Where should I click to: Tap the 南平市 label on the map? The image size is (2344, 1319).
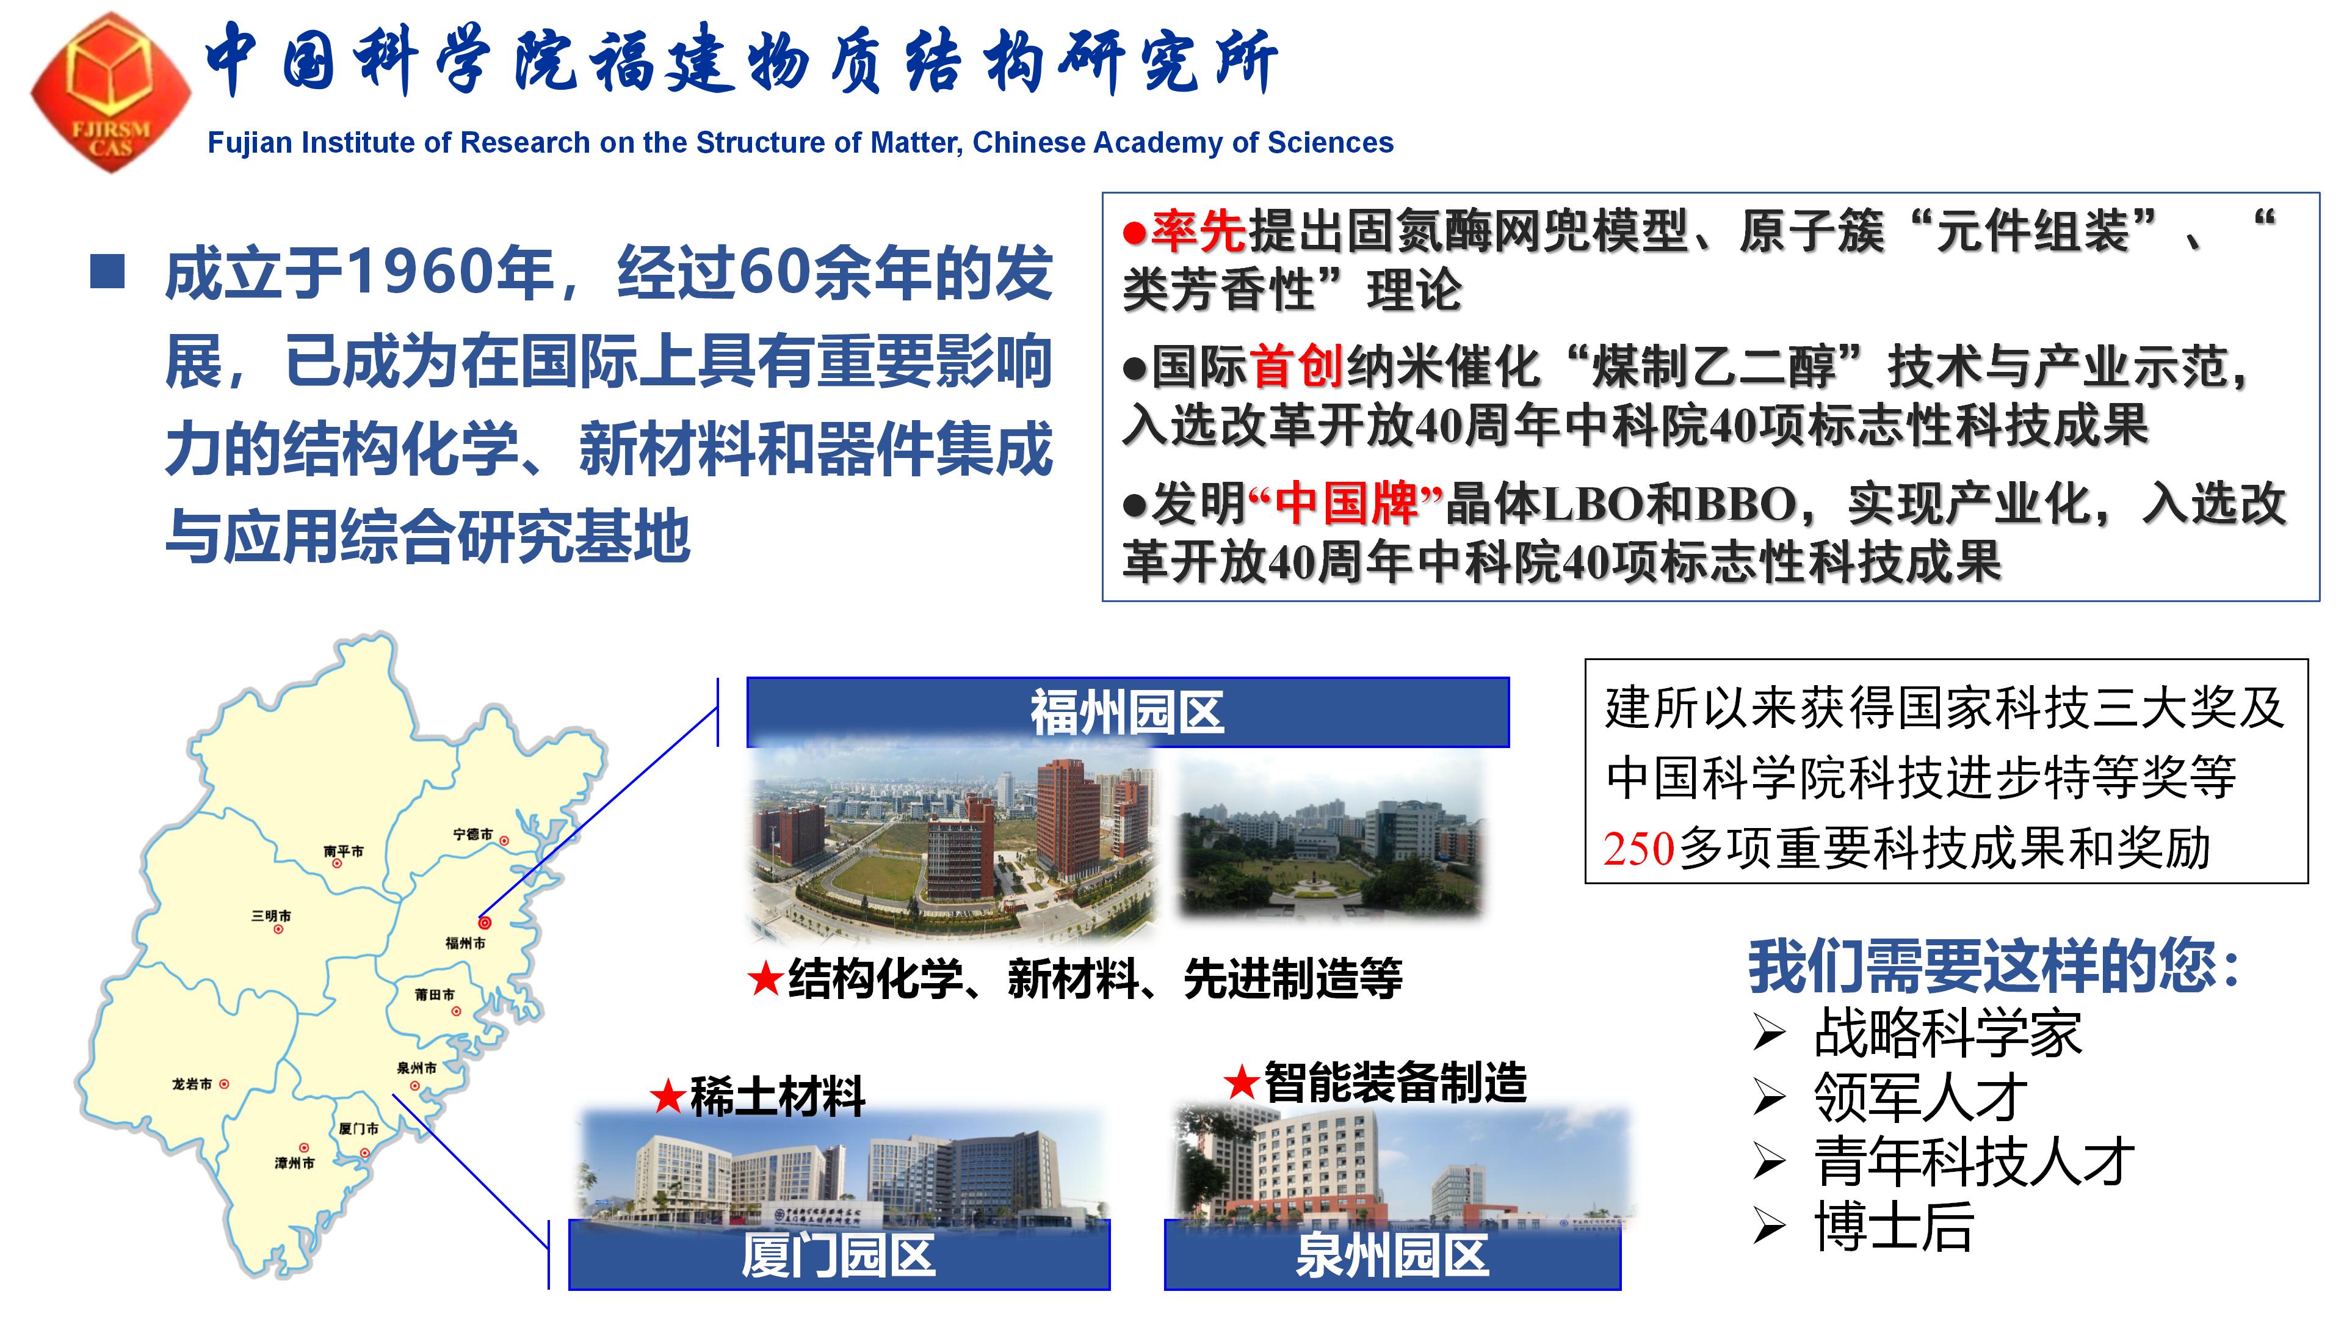(x=343, y=851)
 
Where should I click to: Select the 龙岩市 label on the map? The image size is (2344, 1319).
(x=192, y=1084)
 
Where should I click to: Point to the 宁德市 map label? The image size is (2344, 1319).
(x=473, y=834)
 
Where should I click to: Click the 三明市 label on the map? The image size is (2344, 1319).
(x=271, y=916)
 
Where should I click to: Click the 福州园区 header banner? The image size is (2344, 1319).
(x=1127, y=712)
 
